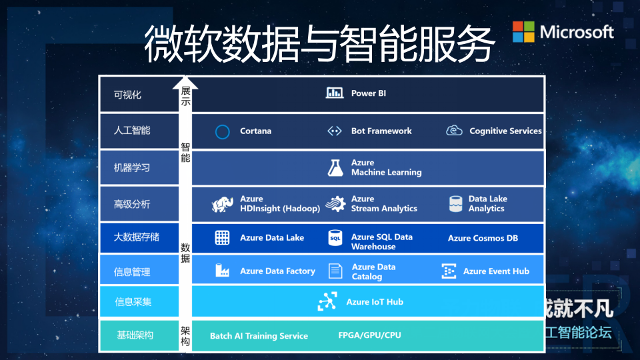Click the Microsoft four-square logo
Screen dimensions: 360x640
click(523, 31)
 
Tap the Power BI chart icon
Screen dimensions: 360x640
click(335, 93)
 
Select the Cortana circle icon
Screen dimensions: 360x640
click(223, 131)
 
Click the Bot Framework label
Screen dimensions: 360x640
click(381, 131)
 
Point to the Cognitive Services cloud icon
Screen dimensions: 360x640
click(454, 131)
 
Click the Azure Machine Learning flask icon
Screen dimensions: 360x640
click(335, 167)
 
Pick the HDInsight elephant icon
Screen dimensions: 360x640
click(221, 204)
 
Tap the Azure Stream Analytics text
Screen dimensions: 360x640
click(384, 204)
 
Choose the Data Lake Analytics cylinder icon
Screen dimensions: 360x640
click(456, 203)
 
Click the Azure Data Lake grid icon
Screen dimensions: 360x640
click(222, 237)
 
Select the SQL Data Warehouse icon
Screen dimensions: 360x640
click(335, 238)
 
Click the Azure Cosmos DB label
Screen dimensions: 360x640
click(483, 238)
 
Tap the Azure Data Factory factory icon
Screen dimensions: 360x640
click(222, 271)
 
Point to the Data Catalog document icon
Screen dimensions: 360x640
click(335, 271)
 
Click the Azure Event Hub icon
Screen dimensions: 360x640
click(449, 271)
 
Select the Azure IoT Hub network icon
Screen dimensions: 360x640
click(327, 302)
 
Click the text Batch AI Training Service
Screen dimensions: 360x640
click(259, 335)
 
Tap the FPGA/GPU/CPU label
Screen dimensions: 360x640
click(369, 335)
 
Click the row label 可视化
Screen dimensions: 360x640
click(127, 95)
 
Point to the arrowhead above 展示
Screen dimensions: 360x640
click(185, 83)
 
